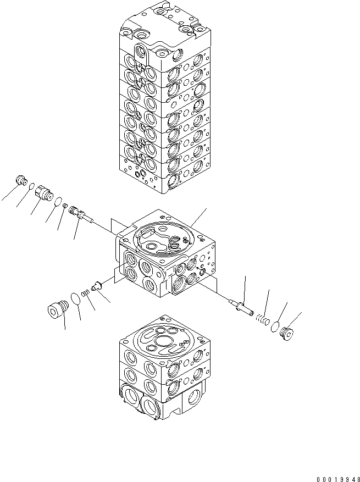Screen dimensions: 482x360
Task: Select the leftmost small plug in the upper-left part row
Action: (x=23, y=180)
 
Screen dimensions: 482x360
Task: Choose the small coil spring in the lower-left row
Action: (x=85, y=294)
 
